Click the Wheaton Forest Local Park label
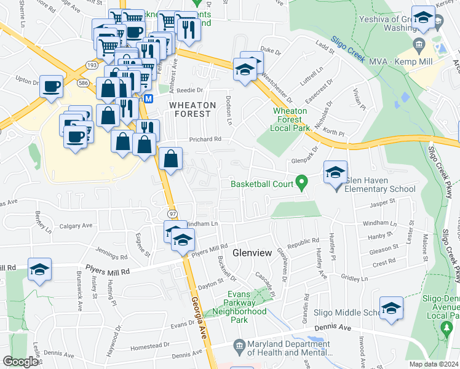point(287,119)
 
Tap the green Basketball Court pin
point(301,182)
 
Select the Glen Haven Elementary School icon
point(335,172)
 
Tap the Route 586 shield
point(82,83)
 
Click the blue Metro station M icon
point(148,98)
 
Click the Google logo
point(20,362)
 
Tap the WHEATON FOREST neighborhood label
point(192,109)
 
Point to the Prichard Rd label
point(205,140)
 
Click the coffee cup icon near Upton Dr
point(52,85)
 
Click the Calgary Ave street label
point(76,226)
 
